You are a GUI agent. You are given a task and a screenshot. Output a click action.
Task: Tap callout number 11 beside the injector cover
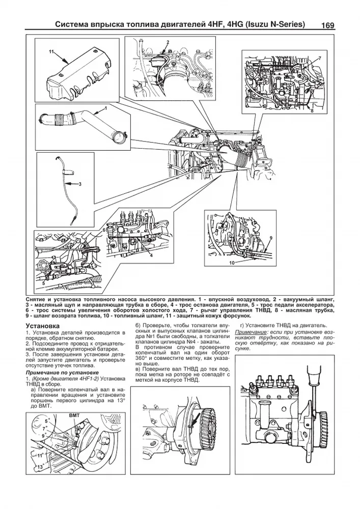(x=51, y=52)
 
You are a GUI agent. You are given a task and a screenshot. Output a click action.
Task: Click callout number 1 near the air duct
(x=105, y=108)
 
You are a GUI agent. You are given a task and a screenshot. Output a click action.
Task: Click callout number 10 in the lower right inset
(x=231, y=263)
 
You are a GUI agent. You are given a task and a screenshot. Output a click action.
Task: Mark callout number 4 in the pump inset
(x=151, y=256)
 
